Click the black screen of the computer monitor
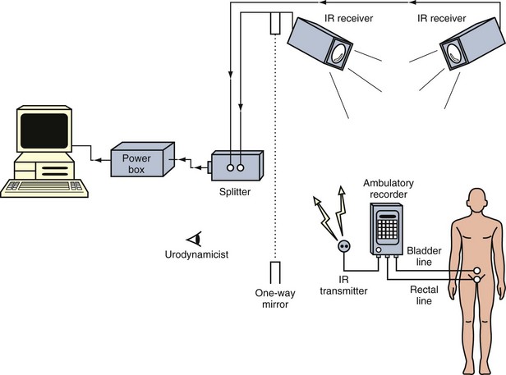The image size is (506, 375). [44, 130]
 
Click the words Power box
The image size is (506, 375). [136, 164]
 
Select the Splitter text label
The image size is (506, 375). [235, 192]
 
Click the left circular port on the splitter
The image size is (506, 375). [230, 167]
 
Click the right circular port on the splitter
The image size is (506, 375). [241, 167]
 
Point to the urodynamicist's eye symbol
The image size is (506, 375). [194, 240]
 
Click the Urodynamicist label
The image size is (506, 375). [196, 254]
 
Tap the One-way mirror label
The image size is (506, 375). [275, 299]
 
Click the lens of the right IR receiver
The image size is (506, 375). [455, 53]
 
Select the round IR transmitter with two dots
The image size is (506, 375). [344, 247]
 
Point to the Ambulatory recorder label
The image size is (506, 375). [389, 189]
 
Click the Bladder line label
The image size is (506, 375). [424, 256]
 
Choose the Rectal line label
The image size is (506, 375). [424, 295]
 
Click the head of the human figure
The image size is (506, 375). [477, 199]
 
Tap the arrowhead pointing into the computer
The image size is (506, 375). [97, 160]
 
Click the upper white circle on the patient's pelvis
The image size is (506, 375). [477, 271]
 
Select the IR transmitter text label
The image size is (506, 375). [343, 285]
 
